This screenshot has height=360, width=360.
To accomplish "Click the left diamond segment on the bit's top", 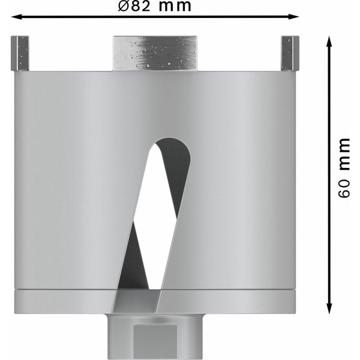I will point(20,53).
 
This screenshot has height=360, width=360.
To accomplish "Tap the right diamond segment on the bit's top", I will point(289,53).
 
